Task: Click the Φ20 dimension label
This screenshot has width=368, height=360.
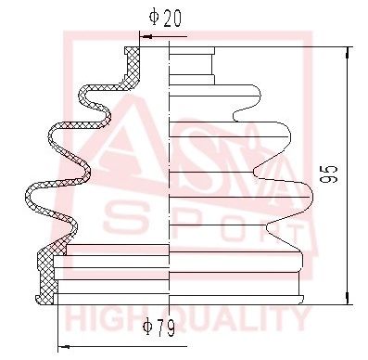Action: click(x=165, y=18)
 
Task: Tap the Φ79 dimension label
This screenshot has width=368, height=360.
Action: click(x=159, y=328)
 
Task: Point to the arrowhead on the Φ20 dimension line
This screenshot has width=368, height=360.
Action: click(x=146, y=37)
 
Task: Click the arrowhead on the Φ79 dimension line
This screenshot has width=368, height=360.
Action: click(x=64, y=347)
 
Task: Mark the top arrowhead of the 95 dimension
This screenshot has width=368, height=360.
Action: click(x=349, y=53)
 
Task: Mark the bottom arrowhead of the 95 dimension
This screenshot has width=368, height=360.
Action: click(x=349, y=298)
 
